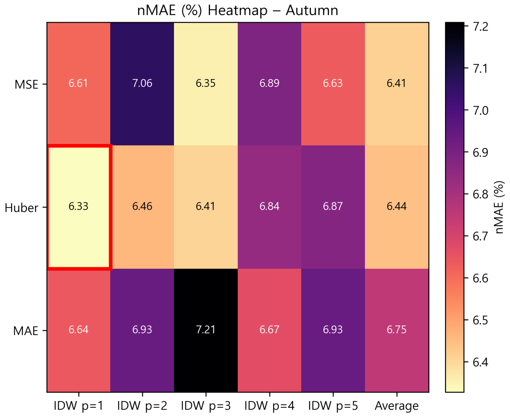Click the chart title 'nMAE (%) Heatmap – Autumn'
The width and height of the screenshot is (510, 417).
[238, 10]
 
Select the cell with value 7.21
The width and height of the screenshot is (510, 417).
[206, 330]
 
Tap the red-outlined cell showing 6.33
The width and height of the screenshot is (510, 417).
[78, 206]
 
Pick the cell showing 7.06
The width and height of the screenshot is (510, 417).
[142, 83]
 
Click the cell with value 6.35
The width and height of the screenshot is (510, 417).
[206, 83]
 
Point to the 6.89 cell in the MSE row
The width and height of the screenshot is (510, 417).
[269, 83]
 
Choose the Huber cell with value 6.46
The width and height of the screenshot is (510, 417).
[142, 206]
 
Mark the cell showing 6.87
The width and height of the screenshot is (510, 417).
[333, 206]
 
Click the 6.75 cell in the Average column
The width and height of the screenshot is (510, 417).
[396, 330]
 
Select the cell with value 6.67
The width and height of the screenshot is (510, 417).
[269, 330]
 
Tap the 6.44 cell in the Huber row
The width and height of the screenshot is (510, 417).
[396, 206]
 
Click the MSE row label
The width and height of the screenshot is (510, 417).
[26, 84]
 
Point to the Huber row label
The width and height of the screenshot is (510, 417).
[22, 208]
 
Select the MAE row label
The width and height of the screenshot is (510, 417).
[26, 331]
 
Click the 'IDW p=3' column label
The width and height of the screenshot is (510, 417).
[206, 406]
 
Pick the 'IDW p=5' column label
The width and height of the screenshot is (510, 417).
[333, 406]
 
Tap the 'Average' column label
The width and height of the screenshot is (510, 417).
[396, 406]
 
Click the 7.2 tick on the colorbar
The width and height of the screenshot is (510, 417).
[480, 26]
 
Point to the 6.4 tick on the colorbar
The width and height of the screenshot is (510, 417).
[480, 362]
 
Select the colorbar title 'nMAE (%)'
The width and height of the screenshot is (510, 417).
[500, 207]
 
